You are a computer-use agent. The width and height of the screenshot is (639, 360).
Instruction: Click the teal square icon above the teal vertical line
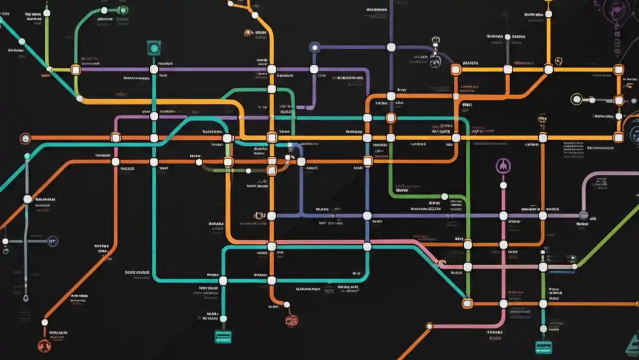(x=154, y=48)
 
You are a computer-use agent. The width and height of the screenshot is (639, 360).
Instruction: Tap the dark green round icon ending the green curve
(x=123, y=10)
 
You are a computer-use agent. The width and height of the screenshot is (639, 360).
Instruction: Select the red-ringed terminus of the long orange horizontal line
(x=25, y=138)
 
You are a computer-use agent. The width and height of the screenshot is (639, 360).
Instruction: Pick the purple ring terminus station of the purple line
(x=315, y=47)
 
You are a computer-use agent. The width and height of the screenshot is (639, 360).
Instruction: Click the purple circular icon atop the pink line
(x=503, y=166)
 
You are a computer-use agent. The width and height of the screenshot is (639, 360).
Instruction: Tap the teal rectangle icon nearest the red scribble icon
(x=223, y=336)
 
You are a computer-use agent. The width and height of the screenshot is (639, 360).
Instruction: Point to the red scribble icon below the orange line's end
(x=292, y=320)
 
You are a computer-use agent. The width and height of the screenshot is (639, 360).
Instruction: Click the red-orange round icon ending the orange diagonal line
(x=44, y=345)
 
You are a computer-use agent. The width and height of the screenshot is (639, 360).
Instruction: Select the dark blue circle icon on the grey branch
(x=52, y=241)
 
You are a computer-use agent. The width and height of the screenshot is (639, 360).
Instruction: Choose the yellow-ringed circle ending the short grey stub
(x=577, y=99)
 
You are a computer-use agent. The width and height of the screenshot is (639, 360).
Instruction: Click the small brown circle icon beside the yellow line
(x=248, y=33)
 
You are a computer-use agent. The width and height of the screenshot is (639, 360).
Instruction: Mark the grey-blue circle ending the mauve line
(x=583, y=215)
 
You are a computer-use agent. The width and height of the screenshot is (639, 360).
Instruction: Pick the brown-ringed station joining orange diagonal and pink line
(x=429, y=326)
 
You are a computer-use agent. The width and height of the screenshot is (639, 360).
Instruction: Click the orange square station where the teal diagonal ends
(x=467, y=303)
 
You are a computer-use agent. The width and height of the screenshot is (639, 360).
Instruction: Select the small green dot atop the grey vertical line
(x=27, y=156)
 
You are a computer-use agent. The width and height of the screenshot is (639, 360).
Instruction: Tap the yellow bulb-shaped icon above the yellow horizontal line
(x=542, y=119)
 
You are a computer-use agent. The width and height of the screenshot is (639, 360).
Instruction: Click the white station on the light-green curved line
(x=444, y=196)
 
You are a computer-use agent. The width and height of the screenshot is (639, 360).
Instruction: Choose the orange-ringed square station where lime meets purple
(x=75, y=69)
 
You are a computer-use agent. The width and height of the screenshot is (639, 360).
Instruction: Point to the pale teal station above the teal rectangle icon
(x=223, y=318)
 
